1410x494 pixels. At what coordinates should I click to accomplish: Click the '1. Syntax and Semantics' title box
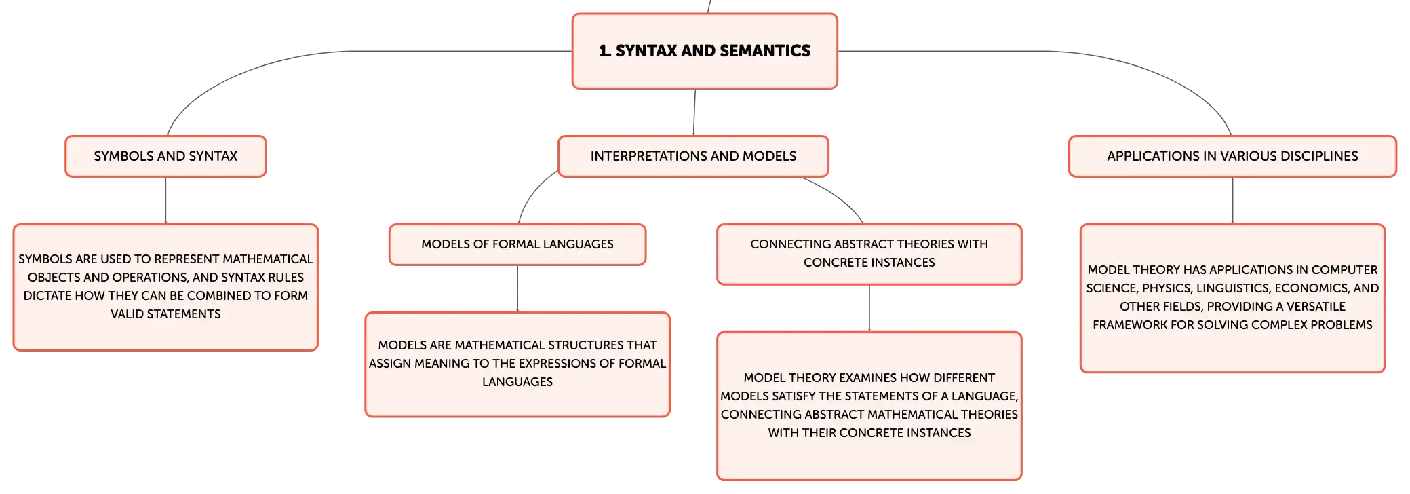coord(705,51)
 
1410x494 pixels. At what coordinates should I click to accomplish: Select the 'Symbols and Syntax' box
coord(165,156)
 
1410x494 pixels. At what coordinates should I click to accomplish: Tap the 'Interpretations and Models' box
coord(693,156)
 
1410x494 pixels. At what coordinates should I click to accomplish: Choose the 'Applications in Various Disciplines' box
coord(1232,156)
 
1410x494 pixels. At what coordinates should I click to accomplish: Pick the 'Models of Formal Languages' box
coord(517,244)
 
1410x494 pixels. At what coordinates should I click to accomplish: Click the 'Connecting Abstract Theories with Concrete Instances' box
coord(869,254)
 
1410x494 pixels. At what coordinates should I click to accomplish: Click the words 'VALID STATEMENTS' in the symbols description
coord(165,314)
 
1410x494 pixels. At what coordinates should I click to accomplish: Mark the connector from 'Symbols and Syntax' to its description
coord(165,200)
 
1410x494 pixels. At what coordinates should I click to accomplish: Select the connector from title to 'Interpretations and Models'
coord(694,112)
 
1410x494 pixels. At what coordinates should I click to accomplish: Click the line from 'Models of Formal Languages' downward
coord(517,288)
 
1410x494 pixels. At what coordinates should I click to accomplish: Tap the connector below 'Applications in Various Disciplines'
coord(1232,200)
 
